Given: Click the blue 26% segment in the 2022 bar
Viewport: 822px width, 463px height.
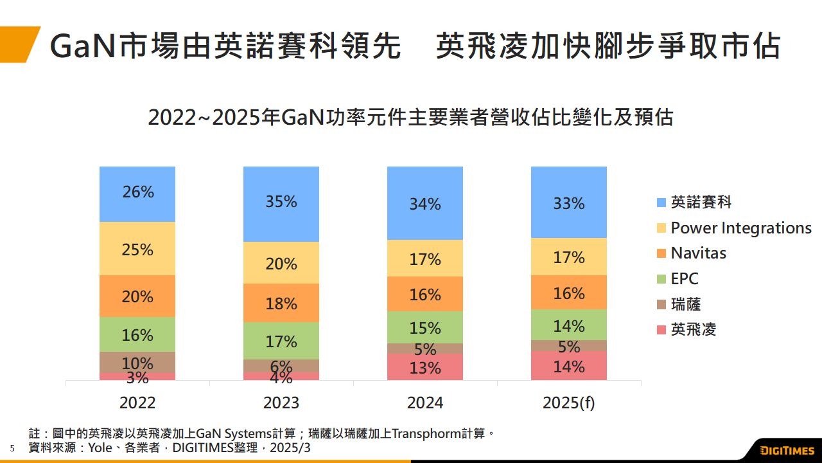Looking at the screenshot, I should (137, 194).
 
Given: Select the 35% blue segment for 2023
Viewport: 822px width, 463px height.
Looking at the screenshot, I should (281, 204).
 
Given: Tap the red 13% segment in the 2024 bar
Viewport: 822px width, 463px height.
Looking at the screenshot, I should (425, 367).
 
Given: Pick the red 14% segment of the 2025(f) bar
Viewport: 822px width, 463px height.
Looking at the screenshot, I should (569, 366).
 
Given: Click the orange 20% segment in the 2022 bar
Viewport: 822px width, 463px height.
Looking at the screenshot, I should (137, 296).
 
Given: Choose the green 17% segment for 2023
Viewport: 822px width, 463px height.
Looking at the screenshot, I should (281, 341).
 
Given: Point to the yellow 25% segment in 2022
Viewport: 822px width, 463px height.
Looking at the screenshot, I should (137, 249).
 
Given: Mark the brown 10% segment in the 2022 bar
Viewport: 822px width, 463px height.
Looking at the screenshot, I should (137, 362).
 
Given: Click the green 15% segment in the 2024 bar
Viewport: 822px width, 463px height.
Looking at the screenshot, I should (425, 327).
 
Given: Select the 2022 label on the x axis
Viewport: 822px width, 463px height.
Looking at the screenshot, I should (137, 403).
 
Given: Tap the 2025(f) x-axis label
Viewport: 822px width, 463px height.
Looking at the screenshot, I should (569, 403).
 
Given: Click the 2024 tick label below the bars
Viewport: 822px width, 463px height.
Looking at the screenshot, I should (425, 403).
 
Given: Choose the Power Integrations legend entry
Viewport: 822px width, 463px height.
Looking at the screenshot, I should (741, 228).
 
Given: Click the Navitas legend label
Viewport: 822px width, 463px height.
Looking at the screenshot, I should (698, 253).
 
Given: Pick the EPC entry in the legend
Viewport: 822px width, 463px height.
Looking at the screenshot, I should (684, 278).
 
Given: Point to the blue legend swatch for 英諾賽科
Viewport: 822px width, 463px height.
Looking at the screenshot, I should (661, 203).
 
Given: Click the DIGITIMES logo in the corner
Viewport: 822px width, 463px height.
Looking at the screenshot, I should (787, 450).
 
